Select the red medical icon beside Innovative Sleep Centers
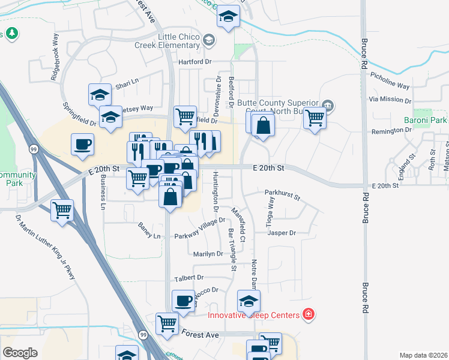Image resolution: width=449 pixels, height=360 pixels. click(309, 314)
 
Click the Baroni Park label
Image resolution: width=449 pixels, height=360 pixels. click(425, 121)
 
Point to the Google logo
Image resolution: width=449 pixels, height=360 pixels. click(20, 353)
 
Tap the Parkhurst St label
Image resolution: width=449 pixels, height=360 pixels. click(282, 193)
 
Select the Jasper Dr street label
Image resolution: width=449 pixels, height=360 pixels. click(282, 233)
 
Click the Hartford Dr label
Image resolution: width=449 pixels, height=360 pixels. click(195, 62)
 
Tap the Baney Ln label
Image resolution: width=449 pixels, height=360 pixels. click(149, 236)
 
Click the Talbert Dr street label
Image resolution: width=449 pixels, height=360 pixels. click(189, 278)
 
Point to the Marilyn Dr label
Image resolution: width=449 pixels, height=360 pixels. click(208, 254)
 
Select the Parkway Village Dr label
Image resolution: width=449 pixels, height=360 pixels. click(199, 229)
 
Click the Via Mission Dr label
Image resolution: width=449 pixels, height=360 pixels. click(390, 100)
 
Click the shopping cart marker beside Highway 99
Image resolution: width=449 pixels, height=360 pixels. click(62, 211)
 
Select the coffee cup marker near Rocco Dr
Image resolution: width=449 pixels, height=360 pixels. click(184, 300)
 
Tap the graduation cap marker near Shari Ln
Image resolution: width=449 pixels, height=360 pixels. click(100, 94)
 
